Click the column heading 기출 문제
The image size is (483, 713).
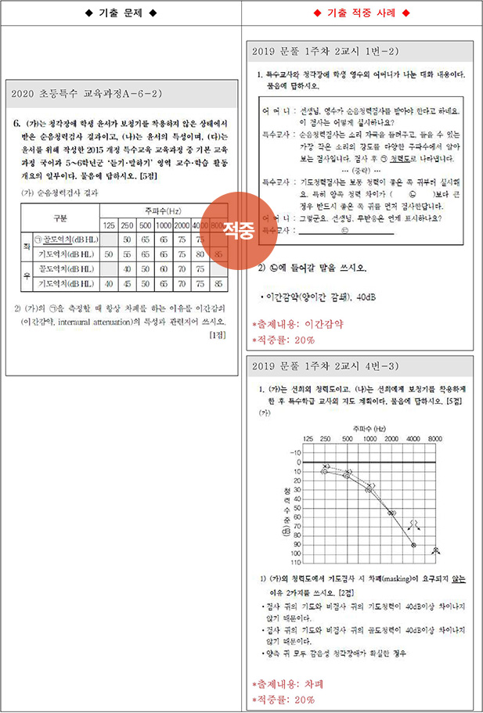point(121,14)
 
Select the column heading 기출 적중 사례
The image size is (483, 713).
point(362,14)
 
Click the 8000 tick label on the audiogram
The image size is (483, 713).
point(434,439)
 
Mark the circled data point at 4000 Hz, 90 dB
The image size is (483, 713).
point(413,544)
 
